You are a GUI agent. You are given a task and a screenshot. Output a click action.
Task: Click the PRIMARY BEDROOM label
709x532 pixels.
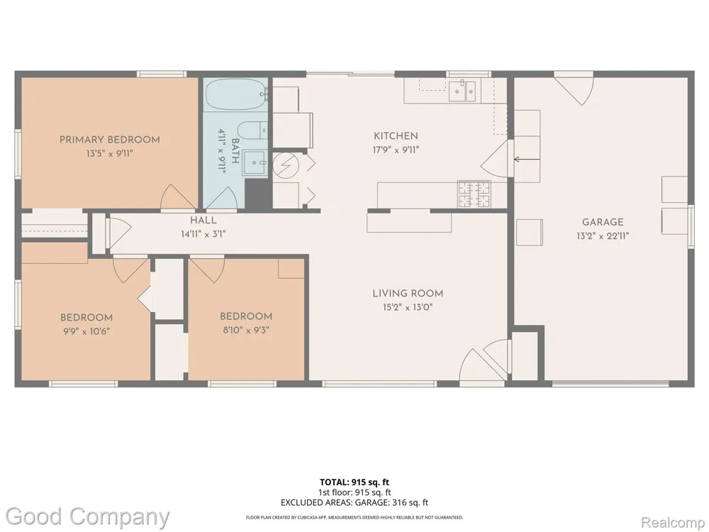(110, 140)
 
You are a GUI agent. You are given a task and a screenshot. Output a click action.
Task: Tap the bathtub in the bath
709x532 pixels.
(235, 94)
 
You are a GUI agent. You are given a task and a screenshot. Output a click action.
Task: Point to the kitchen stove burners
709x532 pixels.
(474, 194)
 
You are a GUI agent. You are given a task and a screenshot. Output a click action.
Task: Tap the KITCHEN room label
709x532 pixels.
(396, 135)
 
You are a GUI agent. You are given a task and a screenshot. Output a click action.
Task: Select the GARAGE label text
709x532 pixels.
(603, 222)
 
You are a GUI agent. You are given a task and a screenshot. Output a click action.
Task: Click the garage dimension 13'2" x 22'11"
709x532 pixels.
(603, 235)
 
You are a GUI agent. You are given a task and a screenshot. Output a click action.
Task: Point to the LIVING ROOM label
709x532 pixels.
(408, 294)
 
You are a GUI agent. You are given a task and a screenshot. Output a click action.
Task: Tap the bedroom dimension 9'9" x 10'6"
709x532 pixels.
(86, 331)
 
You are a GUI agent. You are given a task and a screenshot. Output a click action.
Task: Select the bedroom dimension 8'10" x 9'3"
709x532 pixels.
(246, 330)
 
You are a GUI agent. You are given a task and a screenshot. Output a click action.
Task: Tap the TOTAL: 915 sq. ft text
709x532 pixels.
(354, 482)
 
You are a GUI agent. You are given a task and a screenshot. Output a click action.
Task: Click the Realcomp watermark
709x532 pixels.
(674, 523)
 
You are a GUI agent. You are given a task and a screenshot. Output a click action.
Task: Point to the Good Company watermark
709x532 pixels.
(88, 517)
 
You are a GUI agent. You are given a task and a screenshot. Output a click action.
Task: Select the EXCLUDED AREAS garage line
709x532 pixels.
(354, 503)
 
